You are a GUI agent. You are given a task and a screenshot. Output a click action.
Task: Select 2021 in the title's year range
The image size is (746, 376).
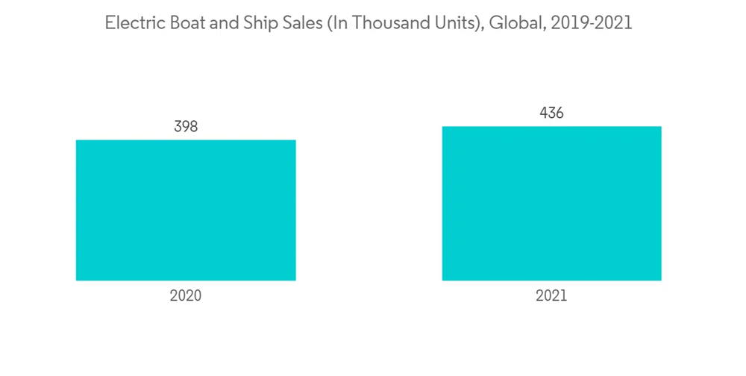click(x=613, y=23)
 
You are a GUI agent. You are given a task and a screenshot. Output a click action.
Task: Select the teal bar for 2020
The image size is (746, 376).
click(x=186, y=210)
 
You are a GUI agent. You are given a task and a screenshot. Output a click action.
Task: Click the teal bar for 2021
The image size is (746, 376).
click(x=551, y=204)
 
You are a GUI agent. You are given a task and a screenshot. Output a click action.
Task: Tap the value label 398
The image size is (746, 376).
click(x=186, y=127)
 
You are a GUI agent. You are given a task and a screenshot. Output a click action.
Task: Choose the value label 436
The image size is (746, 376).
click(x=551, y=113)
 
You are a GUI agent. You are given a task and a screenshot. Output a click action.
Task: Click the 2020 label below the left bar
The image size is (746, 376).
click(x=186, y=295)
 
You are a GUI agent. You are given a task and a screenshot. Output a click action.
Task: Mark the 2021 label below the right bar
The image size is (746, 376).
click(x=551, y=295)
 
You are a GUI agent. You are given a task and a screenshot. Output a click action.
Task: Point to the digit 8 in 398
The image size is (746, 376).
click(x=193, y=127)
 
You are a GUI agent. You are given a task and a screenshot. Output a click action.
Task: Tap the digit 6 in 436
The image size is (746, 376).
click(x=559, y=113)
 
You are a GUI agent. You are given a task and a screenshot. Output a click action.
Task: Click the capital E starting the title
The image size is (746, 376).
click(x=110, y=23)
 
